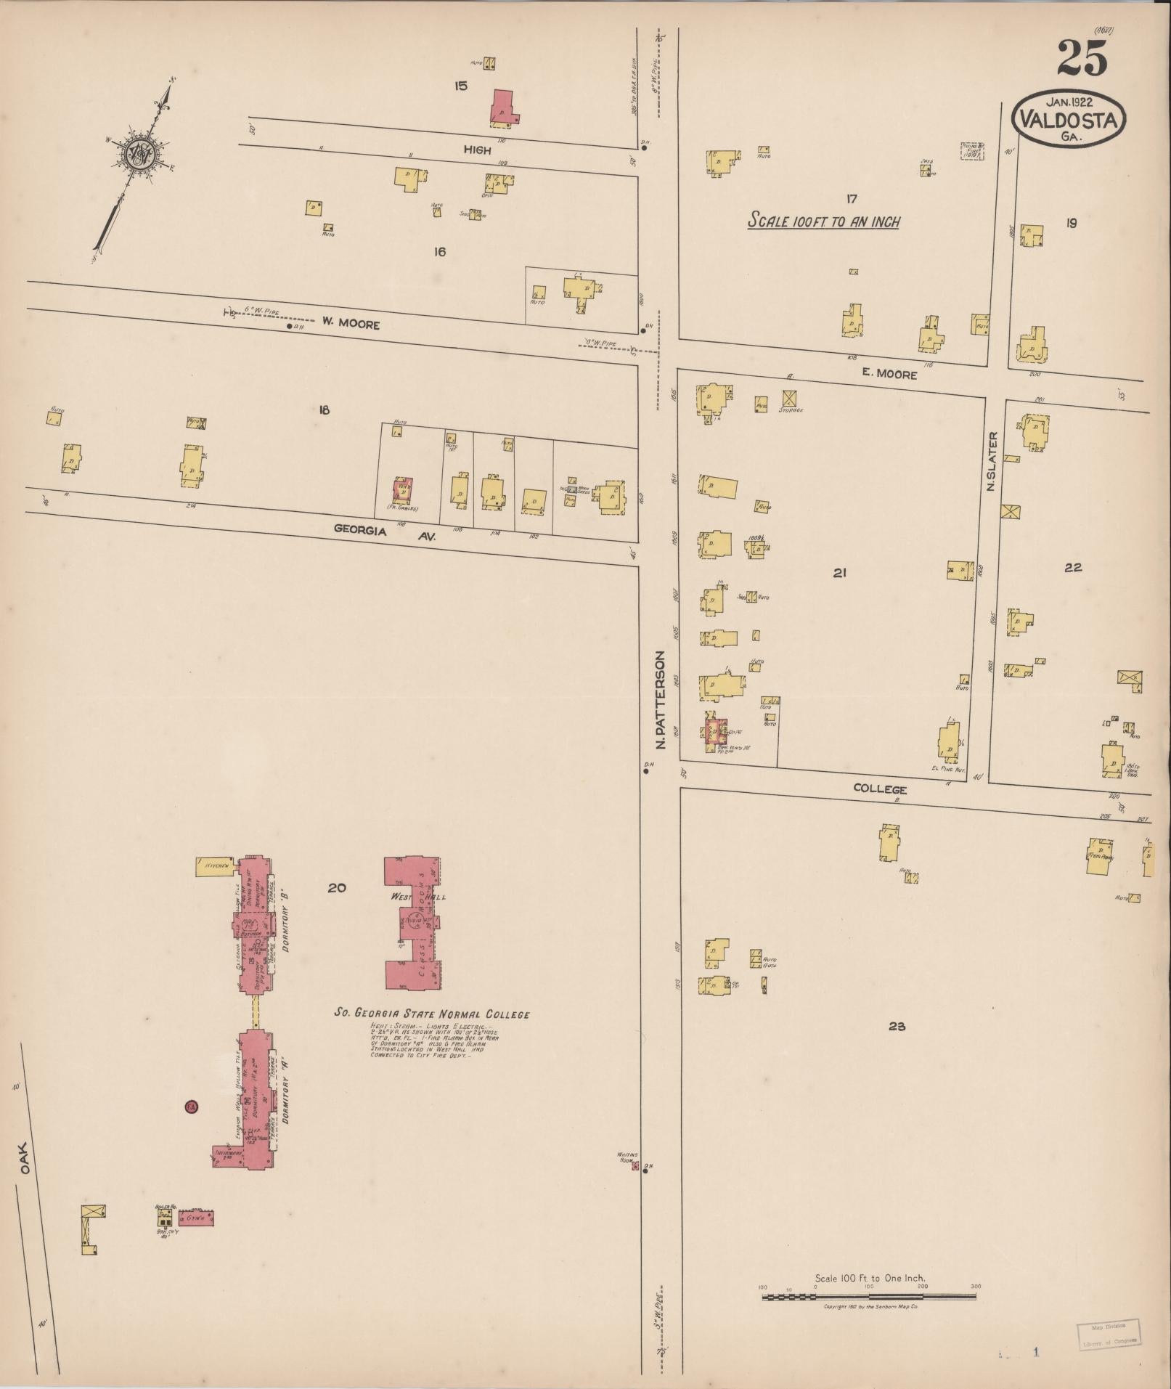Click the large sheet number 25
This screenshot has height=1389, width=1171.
[1082, 57]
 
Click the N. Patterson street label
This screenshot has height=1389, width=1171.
[660, 699]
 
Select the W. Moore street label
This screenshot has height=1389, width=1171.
[351, 325]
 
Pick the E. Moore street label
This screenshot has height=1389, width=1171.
[889, 375]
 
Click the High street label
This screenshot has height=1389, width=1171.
[477, 150]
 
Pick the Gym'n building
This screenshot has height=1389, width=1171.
[196, 1217]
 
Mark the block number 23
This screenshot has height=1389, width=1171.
[897, 1026]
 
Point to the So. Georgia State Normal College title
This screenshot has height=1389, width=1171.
[431, 1014]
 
